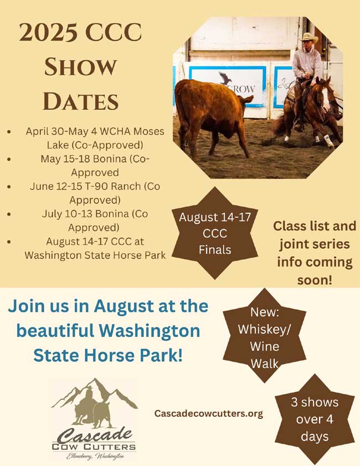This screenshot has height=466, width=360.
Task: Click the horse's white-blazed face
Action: (x=325, y=95)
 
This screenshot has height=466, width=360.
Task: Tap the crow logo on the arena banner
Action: (x=227, y=79)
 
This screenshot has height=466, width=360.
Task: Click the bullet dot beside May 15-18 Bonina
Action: (x=9, y=159)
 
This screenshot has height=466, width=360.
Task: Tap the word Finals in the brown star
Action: (x=215, y=250)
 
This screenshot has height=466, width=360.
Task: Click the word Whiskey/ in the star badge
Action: (x=264, y=329)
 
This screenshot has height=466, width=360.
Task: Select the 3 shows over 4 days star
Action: (x=315, y=419)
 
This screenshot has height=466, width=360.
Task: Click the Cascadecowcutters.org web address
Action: (x=208, y=413)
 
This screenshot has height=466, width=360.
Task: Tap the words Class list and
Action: (x=315, y=226)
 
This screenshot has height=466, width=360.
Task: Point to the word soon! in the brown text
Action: (x=315, y=280)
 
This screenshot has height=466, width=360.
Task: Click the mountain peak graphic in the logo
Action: (x=95, y=392)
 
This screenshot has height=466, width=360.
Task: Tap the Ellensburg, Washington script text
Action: (x=95, y=456)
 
